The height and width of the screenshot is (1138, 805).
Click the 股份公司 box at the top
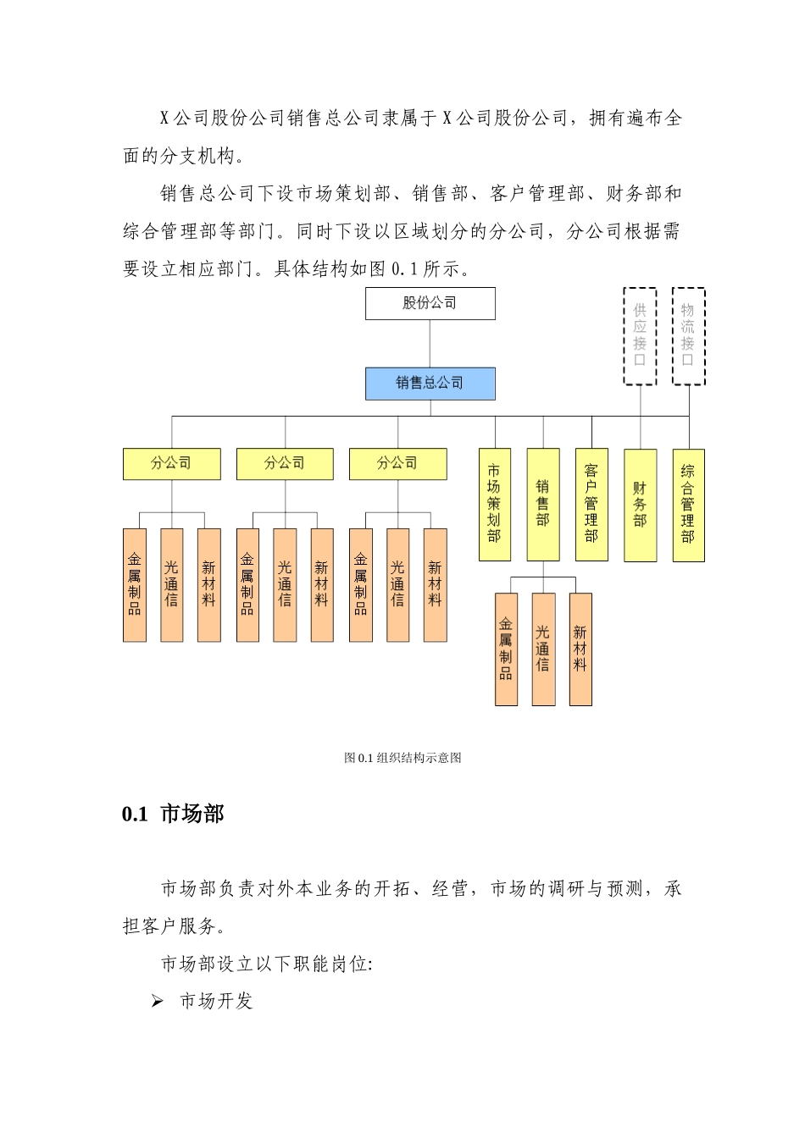pos(430,303)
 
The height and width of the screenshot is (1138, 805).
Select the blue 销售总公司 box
pos(430,384)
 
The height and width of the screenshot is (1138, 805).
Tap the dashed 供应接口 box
pos(640,336)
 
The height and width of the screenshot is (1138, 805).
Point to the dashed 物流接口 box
pos(688,336)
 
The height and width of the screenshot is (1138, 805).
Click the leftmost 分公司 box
pos(171,464)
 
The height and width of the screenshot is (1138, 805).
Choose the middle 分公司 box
pos(284,464)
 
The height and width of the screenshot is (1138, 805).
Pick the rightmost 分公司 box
pos(397,464)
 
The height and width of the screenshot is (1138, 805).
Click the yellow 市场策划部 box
pos(494,504)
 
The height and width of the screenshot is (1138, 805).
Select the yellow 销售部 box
pos(542,504)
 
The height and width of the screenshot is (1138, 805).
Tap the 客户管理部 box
pos(591,504)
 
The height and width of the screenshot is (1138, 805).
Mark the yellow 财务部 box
pos(640,504)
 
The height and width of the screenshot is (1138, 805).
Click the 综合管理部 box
pos(688,504)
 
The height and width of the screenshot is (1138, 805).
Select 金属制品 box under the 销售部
pos(506,649)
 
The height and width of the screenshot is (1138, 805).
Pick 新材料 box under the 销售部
pos(580,649)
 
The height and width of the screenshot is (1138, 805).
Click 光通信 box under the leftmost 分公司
pos(171,585)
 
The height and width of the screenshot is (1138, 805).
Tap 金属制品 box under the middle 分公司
pos(247,585)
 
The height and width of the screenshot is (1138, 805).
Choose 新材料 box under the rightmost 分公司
pos(435,585)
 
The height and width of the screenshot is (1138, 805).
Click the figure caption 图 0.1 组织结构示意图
pos(402,758)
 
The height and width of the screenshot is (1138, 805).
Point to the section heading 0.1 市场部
pos(173,814)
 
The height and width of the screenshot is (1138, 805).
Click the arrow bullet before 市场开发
pos(157,1002)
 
